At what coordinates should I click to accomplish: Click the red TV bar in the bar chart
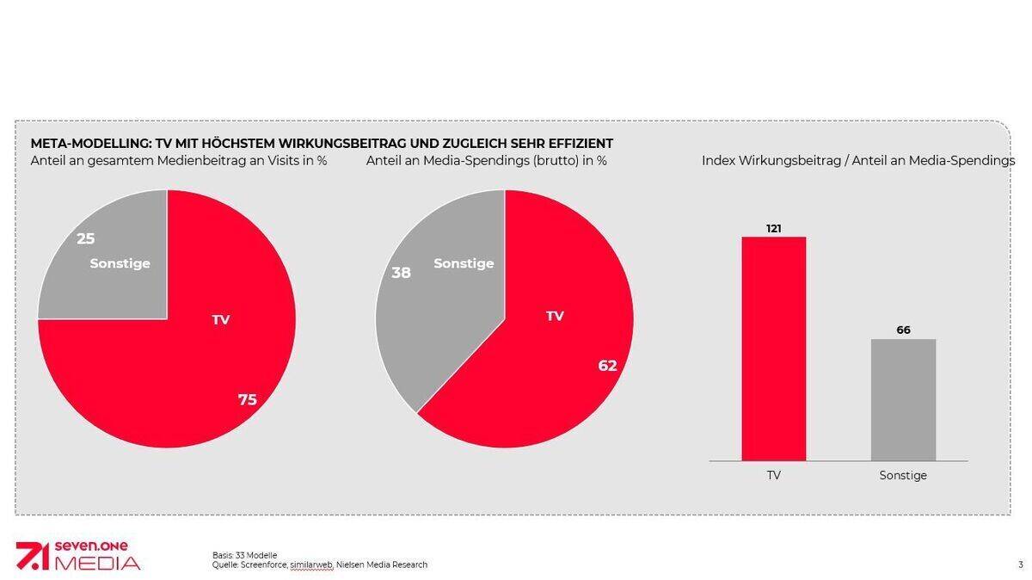pos(773,349)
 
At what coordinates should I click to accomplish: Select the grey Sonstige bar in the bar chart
pos(903,399)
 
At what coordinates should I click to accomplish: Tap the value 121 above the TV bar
pos(773,228)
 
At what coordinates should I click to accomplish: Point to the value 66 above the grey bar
pos(903,330)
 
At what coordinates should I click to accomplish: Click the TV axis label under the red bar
pos(773,475)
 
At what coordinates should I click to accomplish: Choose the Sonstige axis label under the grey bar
pos(903,475)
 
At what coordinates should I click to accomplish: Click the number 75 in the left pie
pos(248,399)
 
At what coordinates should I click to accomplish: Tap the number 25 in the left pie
pos(86,238)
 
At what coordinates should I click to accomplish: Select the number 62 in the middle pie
pos(607,366)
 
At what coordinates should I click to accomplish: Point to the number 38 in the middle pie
pos(401,273)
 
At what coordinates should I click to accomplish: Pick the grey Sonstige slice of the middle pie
pos(447,301)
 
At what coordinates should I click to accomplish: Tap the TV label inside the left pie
pos(221,320)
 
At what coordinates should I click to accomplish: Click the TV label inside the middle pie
pos(555,316)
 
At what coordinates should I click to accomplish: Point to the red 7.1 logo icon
pos(32,557)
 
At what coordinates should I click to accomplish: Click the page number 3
pos(1020,565)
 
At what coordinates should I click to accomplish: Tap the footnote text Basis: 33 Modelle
pos(244,555)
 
